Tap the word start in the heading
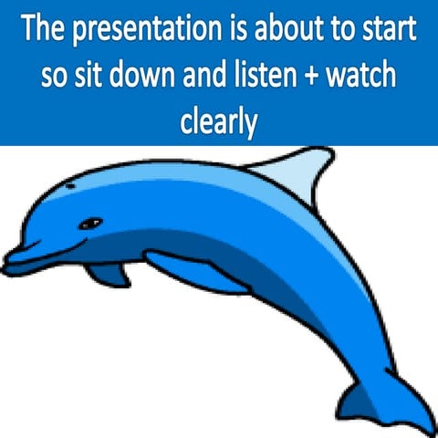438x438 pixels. pyautogui.click(x=388, y=31)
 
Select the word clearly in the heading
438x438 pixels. pyautogui.click(x=218, y=121)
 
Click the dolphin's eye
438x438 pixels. pyautogui.click(x=89, y=223)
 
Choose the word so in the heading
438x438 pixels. pyautogui.click(x=53, y=77)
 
